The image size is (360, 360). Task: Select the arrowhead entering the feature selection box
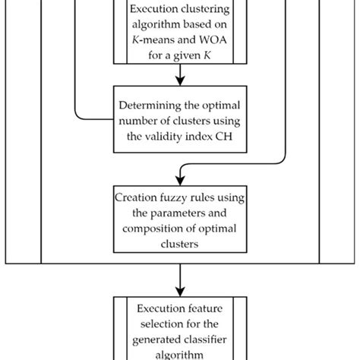pos(180,290)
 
